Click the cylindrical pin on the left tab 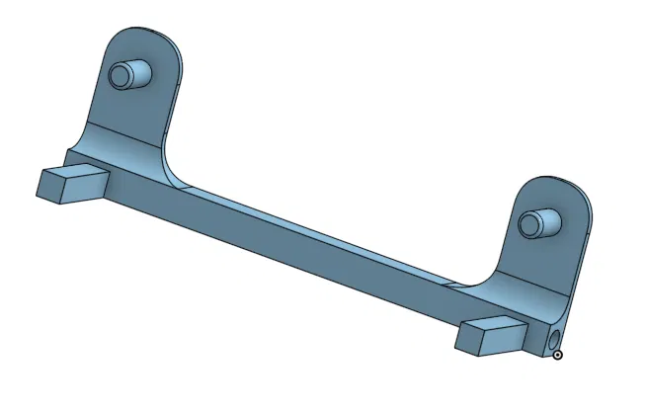point(133,75)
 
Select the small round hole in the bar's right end point(549,341)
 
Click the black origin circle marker point(558,353)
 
